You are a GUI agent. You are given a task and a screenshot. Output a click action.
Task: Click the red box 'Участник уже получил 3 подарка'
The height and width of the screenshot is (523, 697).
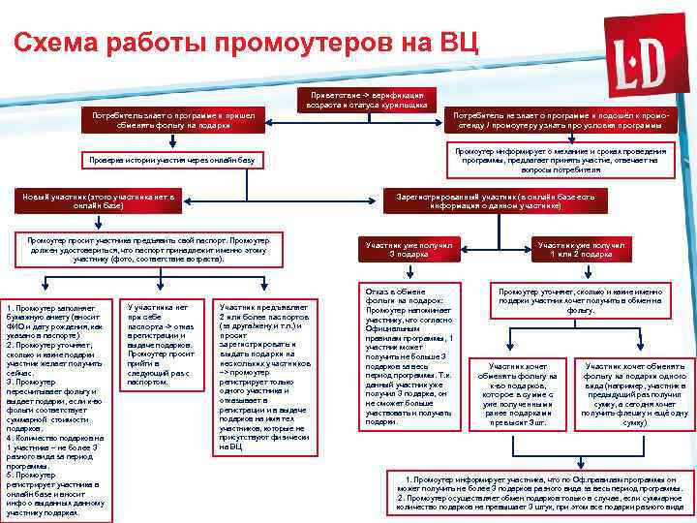pos(408,250)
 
